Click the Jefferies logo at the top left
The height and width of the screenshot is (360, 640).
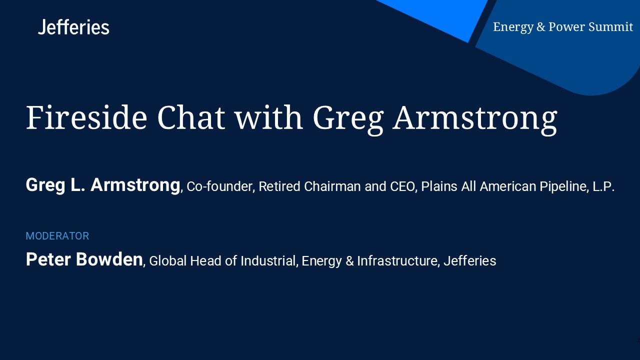[73, 27]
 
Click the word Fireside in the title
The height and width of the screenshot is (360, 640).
[86, 117]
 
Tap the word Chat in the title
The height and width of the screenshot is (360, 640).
[191, 117]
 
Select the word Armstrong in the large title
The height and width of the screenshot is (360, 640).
[475, 119]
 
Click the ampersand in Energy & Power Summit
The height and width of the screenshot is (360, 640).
[540, 27]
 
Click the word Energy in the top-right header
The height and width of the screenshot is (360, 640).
[513, 27]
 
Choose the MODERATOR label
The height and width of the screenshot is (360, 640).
[57, 236]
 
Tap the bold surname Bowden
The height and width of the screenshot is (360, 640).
[109, 259]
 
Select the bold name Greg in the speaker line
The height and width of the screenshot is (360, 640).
[45, 185]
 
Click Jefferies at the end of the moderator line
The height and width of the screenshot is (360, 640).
[469, 261]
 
